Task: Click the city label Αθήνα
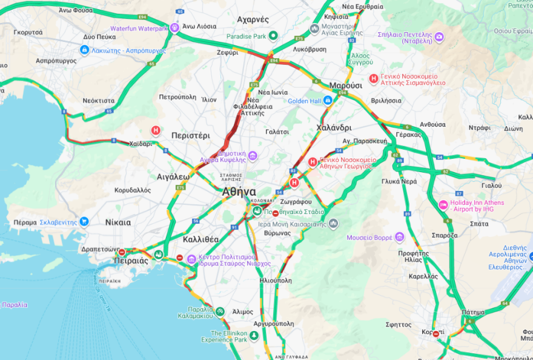click(239, 192)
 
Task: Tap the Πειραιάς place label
click(131, 261)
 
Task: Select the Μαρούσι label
click(346, 85)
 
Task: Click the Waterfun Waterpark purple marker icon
click(175, 28)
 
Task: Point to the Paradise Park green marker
click(273, 36)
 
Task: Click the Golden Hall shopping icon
click(328, 101)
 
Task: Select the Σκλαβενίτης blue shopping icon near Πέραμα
click(84, 222)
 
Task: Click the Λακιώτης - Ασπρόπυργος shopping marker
click(84, 51)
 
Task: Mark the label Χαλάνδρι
click(334, 128)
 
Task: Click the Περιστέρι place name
click(190, 135)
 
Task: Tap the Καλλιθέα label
click(200, 239)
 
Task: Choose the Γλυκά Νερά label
click(399, 181)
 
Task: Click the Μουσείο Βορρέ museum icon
click(399, 237)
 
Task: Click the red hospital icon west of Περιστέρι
click(156, 130)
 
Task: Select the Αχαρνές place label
click(253, 19)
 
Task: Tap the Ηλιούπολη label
click(275, 281)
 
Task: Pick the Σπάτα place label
click(462, 224)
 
